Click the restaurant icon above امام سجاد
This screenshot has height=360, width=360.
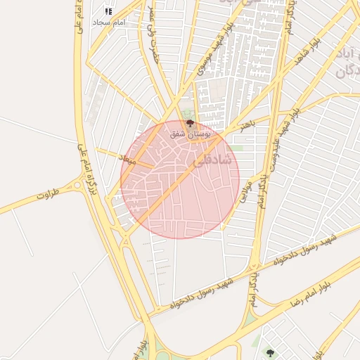(108, 11)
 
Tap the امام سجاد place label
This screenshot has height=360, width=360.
(108, 22)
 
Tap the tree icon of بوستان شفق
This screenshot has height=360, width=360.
(189, 124)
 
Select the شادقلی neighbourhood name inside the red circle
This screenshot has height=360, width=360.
(209, 161)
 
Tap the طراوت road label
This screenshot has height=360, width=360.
(45, 195)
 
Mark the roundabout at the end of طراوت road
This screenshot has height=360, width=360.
(76, 186)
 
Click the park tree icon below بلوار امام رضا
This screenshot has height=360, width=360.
(269, 352)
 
